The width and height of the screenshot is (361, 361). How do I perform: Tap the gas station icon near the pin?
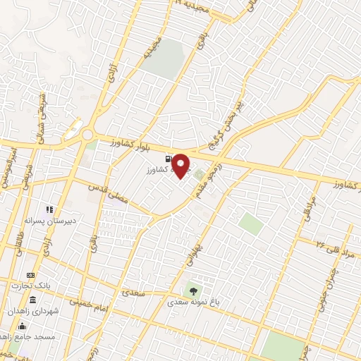click(167, 159)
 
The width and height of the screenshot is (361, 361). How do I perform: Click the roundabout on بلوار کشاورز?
click(87, 134)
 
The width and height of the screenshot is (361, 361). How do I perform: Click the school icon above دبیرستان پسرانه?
click(49, 209)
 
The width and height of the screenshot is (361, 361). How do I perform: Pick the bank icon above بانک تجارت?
click(30, 274)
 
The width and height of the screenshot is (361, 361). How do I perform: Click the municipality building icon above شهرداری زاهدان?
click(32, 300)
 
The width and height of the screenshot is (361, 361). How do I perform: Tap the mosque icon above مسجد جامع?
click(22, 325)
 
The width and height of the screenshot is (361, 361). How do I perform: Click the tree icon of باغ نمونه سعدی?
click(191, 289)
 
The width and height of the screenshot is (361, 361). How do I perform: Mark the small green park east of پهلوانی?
click(250, 224)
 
